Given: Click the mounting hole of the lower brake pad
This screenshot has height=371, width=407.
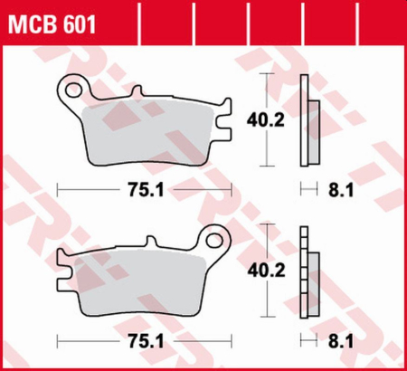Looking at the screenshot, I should pyautogui.click(x=215, y=242).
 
